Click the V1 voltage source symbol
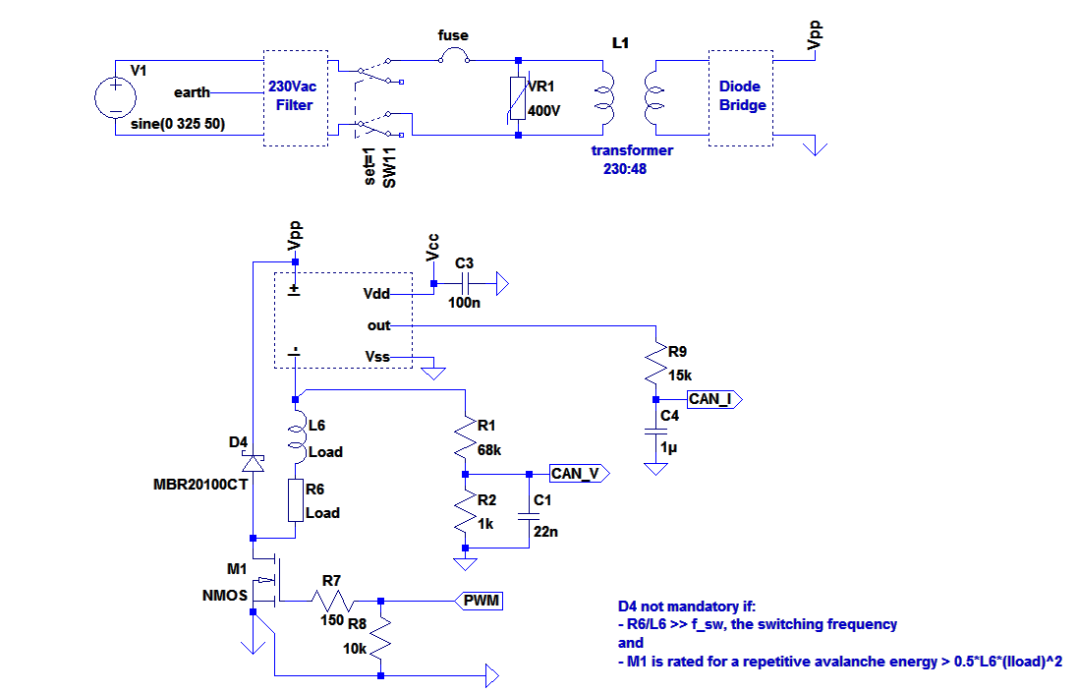[115, 97]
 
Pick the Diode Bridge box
[742, 96]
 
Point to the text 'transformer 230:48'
[631, 159]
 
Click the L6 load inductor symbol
[296, 438]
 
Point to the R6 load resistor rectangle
[296, 500]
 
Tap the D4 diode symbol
[253, 462]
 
